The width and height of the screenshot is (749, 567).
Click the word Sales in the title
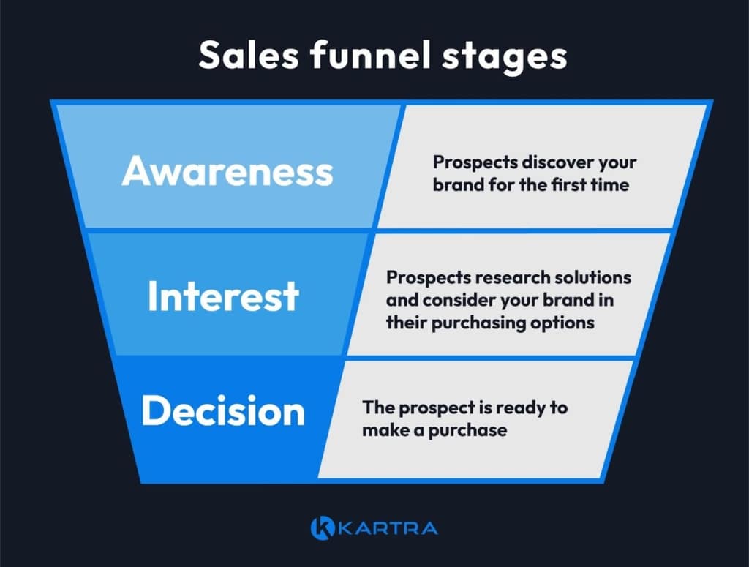[x=242, y=56]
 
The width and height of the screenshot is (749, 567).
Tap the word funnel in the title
[x=366, y=56]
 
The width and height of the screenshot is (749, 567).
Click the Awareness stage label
[x=227, y=171]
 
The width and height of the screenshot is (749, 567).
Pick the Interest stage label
[x=223, y=296]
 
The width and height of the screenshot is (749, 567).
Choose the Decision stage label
[x=223, y=411]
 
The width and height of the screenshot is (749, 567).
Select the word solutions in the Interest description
[x=595, y=278]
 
